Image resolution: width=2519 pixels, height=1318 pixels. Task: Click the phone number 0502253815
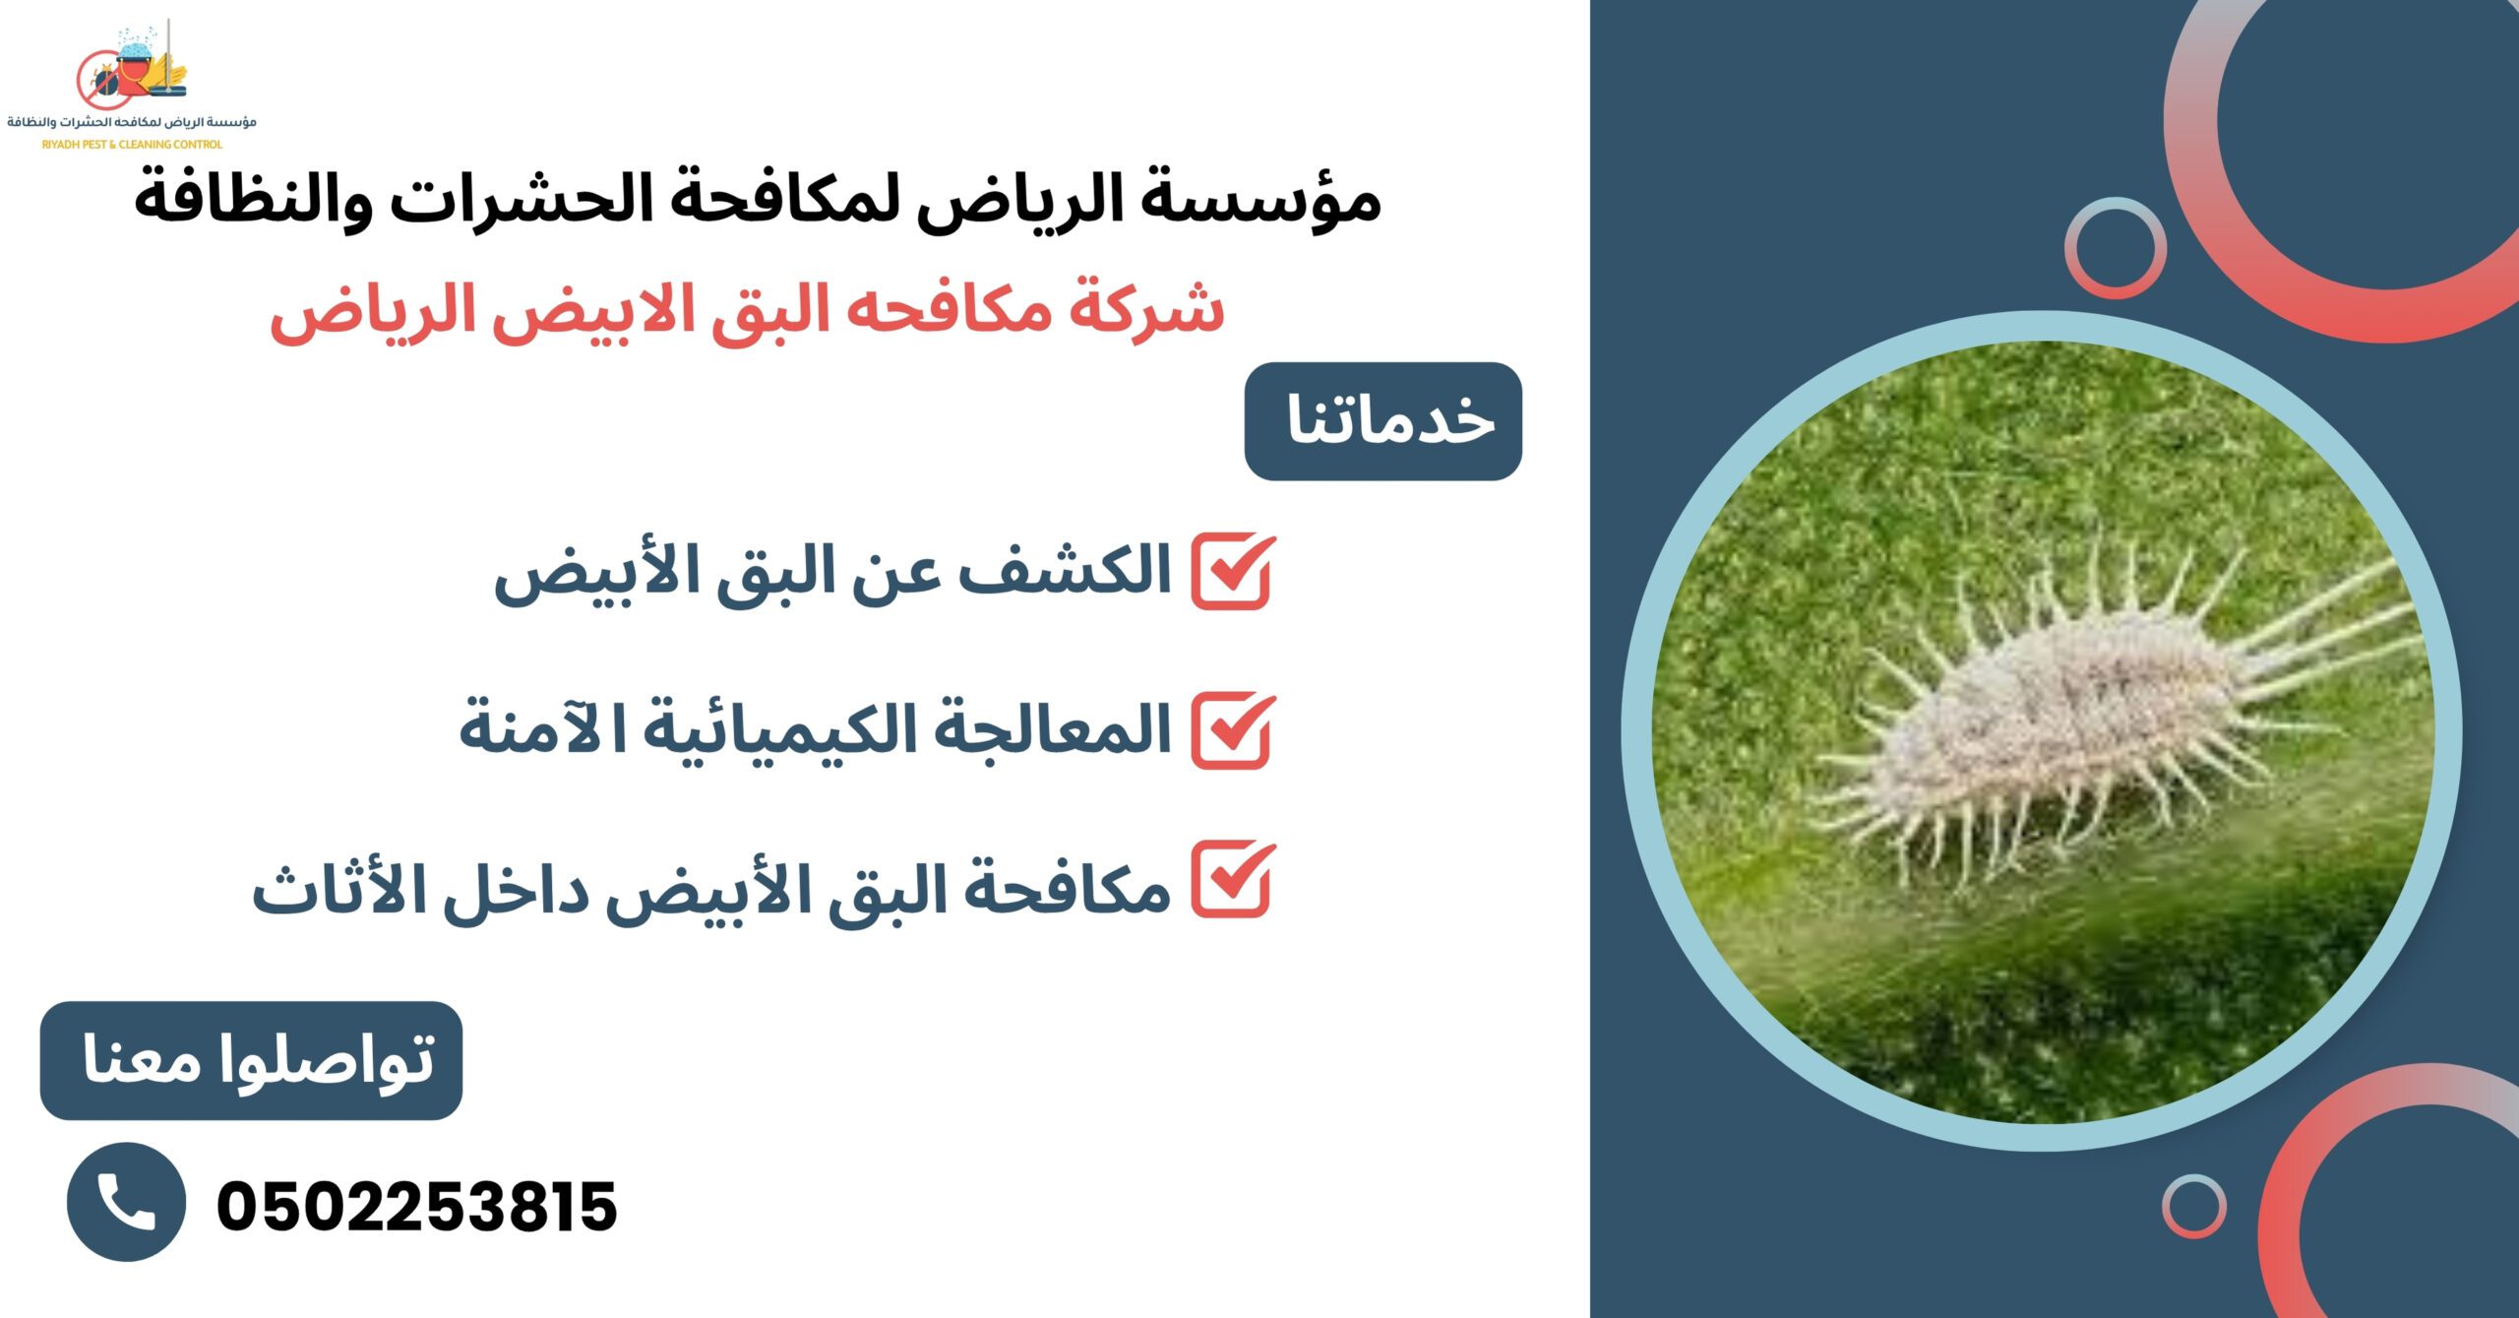tap(416, 1206)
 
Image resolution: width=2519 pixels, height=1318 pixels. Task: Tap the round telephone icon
tap(126, 1202)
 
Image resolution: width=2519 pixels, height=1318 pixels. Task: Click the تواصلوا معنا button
tap(251, 1061)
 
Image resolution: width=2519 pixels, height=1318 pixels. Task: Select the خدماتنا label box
tap(1382, 421)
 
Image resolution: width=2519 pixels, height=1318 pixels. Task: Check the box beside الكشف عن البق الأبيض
tap(1232, 572)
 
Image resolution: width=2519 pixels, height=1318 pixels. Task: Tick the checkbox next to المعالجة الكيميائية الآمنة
tap(1232, 730)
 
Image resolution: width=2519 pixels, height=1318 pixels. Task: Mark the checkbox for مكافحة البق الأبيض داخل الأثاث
tap(1232, 880)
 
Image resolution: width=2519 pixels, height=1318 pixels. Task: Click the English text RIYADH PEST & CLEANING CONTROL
tap(132, 145)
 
